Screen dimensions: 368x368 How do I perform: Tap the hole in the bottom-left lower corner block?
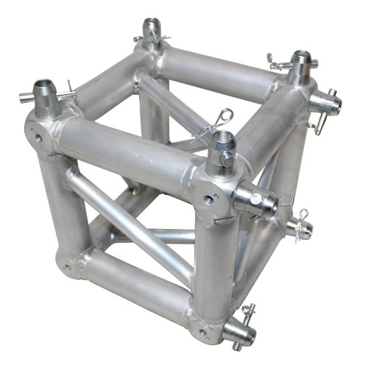(67, 267)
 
